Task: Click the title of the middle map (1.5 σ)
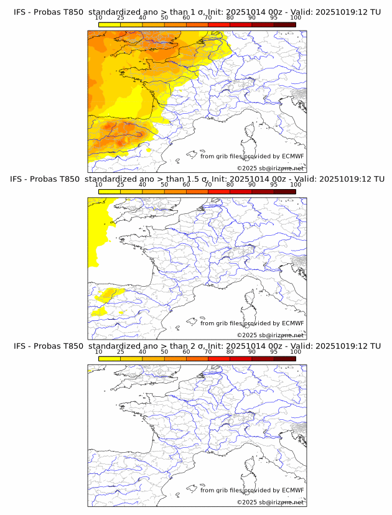click(197, 179)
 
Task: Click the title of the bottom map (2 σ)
click(197, 346)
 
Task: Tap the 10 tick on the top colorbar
click(99, 17)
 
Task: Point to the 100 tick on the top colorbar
click(295, 17)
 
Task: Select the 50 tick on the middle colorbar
click(164, 185)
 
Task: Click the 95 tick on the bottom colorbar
click(273, 352)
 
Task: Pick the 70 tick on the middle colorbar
click(208, 185)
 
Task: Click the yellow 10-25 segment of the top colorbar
click(110, 24)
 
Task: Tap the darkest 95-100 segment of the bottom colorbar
click(284, 359)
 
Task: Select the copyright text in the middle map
click(270, 335)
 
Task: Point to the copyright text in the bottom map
click(270, 503)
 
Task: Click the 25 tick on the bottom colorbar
click(121, 352)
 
